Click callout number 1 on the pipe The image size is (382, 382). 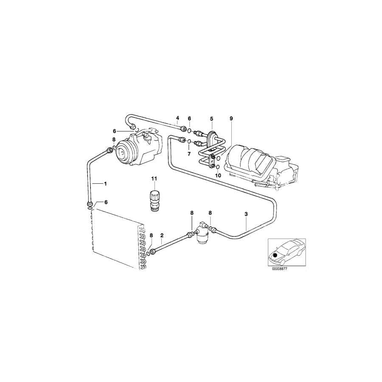106,183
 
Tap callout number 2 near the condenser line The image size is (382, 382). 162,235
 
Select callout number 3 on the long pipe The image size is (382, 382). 246,215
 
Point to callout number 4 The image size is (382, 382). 178,118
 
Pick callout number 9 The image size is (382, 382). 231,118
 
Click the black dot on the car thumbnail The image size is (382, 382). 275,255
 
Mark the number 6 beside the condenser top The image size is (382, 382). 106,202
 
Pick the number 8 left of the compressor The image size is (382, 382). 114,140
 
